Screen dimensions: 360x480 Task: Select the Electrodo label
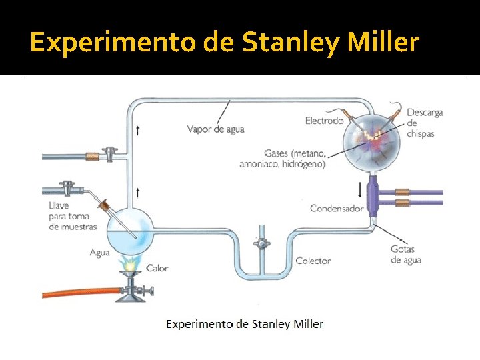[324, 121]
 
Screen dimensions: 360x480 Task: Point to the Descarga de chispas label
[424, 123]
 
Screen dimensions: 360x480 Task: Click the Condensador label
[337, 208]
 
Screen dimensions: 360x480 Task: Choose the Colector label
[313, 261]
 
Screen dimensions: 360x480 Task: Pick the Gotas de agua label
[406, 255]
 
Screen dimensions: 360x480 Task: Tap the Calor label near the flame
[157, 268]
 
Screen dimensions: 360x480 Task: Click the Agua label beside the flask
[100, 253]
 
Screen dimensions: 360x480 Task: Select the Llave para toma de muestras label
[73, 216]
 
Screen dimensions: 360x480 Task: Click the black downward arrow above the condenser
[361, 189]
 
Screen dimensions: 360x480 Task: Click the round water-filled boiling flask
[131, 231]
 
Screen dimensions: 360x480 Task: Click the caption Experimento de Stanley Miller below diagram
[245, 324]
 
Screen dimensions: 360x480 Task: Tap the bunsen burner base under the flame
[131, 293]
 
